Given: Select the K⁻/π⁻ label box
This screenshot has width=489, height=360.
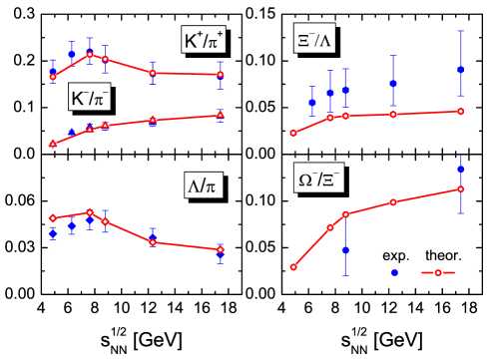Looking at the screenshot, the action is [x=90, y=99].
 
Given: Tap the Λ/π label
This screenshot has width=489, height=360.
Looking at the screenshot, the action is [x=203, y=185].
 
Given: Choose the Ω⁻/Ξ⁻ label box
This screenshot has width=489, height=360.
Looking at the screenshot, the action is [x=319, y=180].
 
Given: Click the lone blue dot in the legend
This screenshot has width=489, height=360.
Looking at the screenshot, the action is [x=394, y=272].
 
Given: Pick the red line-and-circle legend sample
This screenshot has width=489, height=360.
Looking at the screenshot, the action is [x=438, y=272].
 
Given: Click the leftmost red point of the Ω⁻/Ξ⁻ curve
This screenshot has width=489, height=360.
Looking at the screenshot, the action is [x=293, y=267].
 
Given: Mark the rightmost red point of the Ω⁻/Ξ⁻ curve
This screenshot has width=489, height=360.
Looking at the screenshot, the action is [x=460, y=188].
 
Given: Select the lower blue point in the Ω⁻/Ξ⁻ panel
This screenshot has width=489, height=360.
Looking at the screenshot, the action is [x=345, y=250].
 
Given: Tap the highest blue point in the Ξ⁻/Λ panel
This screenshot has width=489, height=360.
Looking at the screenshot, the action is [x=460, y=70].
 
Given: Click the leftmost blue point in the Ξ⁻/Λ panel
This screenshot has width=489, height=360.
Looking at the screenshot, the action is [x=312, y=103].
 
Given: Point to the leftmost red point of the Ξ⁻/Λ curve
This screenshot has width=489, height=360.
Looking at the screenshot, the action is [x=293, y=133].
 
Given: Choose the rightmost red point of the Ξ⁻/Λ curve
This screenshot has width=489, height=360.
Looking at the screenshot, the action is [x=460, y=111].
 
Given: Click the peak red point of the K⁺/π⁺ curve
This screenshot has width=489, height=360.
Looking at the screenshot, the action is [x=90, y=54].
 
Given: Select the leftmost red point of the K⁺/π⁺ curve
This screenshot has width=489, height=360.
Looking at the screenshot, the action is [x=53, y=76].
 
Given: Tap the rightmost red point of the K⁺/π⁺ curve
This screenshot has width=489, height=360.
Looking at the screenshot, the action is [x=221, y=74].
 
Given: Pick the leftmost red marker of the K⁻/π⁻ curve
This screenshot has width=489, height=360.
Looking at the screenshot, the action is [x=53, y=144].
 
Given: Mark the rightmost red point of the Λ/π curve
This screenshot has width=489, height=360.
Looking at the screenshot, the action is [x=221, y=249].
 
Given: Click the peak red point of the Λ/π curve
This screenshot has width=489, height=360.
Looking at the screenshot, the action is [x=90, y=212].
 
